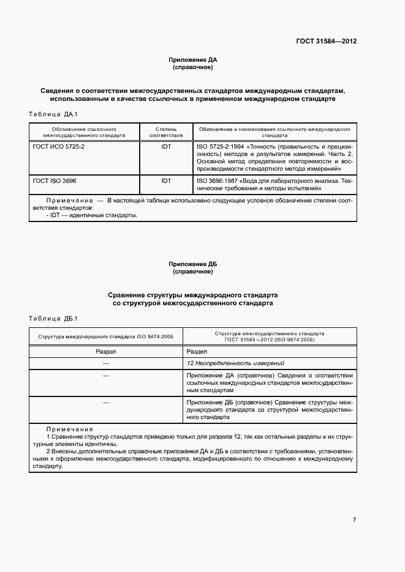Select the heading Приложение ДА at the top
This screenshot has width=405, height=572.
click(193, 59)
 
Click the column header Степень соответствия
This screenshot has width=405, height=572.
click(166, 132)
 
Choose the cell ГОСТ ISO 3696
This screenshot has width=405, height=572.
click(55, 181)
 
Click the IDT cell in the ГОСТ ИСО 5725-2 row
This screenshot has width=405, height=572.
click(166, 147)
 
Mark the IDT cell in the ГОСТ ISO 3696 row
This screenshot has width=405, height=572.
click(166, 181)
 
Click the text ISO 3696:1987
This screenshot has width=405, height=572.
click(218, 181)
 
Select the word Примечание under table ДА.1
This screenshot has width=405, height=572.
click(68, 200)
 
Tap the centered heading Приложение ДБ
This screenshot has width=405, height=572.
click(193, 264)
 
